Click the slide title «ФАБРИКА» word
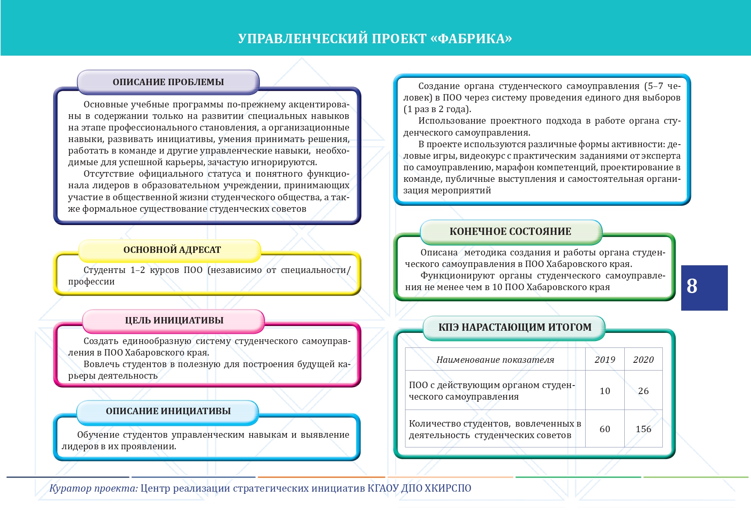tap(471, 39)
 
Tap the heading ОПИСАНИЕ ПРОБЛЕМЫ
tap(168, 82)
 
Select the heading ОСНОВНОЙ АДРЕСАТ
tap(172, 250)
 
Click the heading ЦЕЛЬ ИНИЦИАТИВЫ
tap(174, 320)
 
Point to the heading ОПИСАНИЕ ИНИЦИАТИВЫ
tap(168, 411)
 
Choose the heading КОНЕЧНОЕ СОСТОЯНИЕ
tap(510, 231)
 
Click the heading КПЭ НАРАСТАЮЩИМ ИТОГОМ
tap(515, 327)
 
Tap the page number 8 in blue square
tap(692, 286)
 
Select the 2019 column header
tap(605, 360)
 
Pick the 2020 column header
tap(643, 360)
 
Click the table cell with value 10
tap(605, 391)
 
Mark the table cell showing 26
tap(643, 391)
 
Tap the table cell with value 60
tap(605, 429)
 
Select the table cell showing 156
tap(643, 429)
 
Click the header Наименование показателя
tap(495, 360)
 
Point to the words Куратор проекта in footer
tap(93, 488)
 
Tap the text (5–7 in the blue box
tap(654, 86)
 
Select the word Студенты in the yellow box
tap(104, 270)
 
